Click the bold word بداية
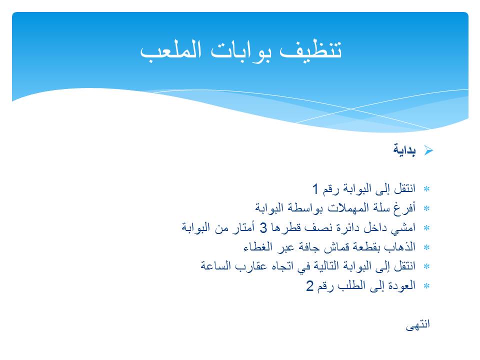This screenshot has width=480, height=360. [404, 150]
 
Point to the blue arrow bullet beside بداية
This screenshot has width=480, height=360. [428, 150]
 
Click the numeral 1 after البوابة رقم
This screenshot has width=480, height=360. [315, 189]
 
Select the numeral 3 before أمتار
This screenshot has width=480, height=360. [263, 228]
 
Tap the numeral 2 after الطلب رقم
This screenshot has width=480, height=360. [310, 286]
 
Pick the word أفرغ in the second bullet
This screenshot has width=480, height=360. [404, 208]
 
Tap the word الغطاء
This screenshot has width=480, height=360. [259, 247]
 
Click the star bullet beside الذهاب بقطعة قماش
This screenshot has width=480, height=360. [427, 247]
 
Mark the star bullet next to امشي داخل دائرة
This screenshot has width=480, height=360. [427, 228]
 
